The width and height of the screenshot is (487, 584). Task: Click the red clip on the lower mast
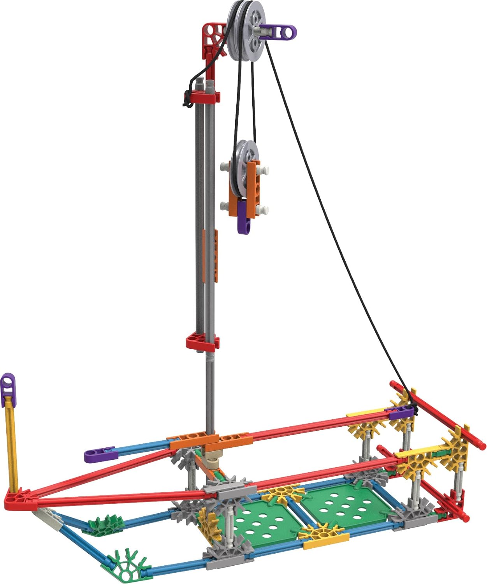coord(202,342)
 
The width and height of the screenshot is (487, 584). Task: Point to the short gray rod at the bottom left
coord(49,516)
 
